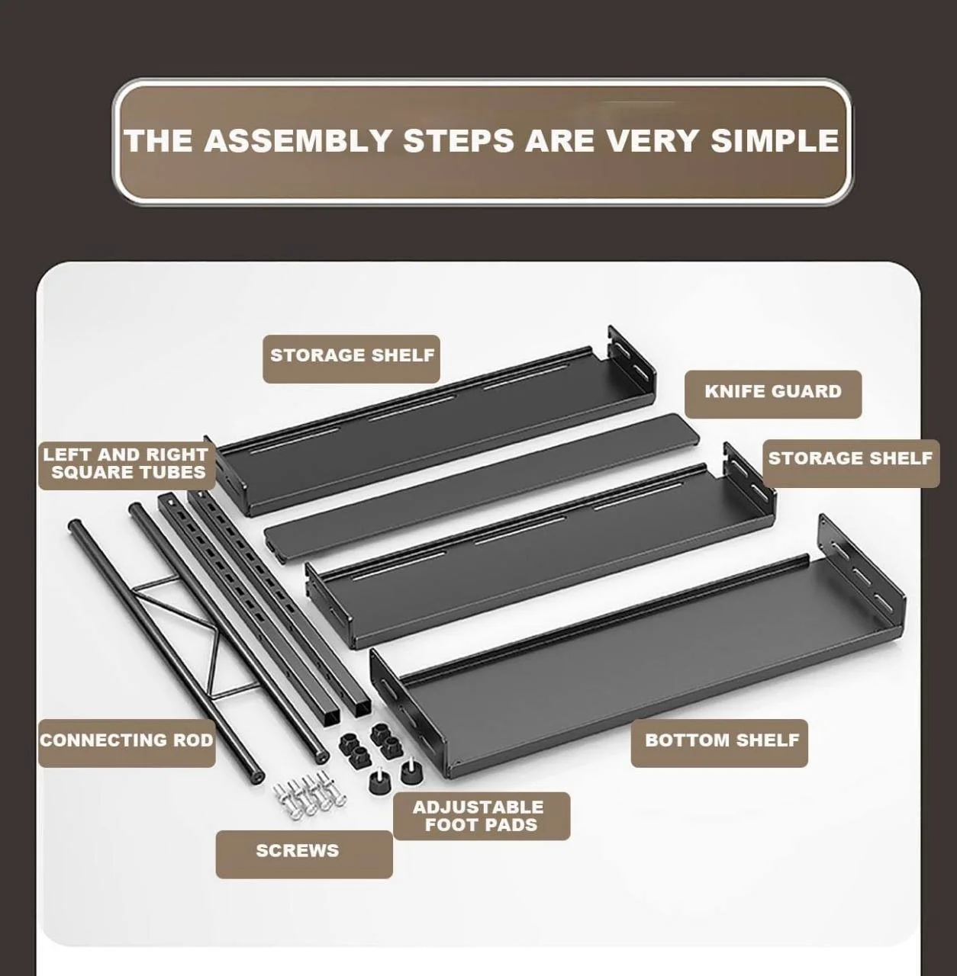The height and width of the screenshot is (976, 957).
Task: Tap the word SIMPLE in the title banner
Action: pos(775,141)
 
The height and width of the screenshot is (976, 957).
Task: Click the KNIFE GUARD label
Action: pos(773,391)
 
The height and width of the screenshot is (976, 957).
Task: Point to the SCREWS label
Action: pos(297,850)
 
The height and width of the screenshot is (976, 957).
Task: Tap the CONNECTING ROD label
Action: pos(127,740)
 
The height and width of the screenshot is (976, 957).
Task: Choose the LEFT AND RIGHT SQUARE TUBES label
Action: pos(127,464)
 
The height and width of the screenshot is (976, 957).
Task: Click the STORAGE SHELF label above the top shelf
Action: pos(352,355)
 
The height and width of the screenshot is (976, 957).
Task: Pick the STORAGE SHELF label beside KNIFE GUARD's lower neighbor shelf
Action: pos(850,458)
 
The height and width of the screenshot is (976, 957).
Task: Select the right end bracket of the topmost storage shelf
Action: pos(631,364)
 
